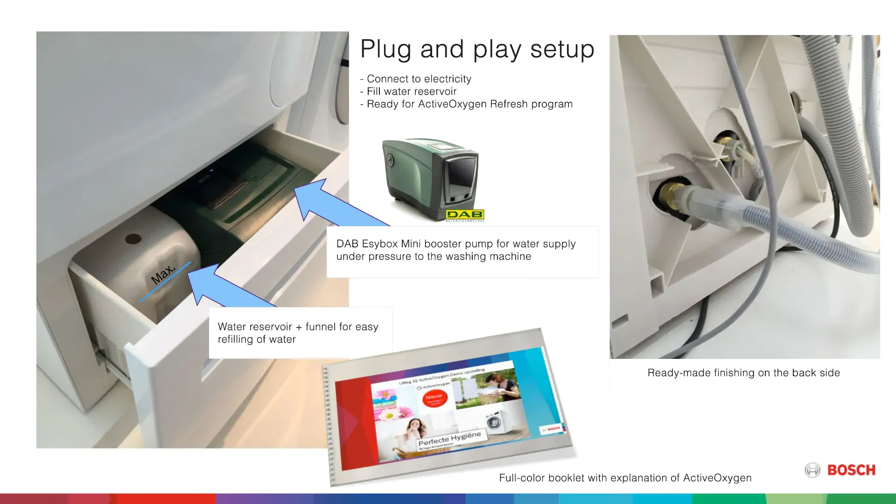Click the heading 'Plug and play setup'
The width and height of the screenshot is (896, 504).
tap(477, 49)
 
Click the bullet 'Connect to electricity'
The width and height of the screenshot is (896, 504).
tap(419, 79)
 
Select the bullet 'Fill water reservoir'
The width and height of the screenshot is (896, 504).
tap(411, 91)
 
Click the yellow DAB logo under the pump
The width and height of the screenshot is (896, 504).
tap(465, 215)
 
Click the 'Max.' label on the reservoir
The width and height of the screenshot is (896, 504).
tap(163, 274)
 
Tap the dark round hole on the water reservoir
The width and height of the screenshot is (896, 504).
tap(133, 239)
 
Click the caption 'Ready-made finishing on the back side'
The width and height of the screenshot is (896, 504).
tap(743, 373)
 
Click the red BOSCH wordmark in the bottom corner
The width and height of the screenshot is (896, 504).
tap(851, 470)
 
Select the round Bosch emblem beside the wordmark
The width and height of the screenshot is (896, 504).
tap(812, 470)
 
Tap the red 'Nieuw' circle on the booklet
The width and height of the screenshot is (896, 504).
tap(434, 398)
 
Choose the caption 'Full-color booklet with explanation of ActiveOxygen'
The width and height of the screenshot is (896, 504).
tap(625, 478)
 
